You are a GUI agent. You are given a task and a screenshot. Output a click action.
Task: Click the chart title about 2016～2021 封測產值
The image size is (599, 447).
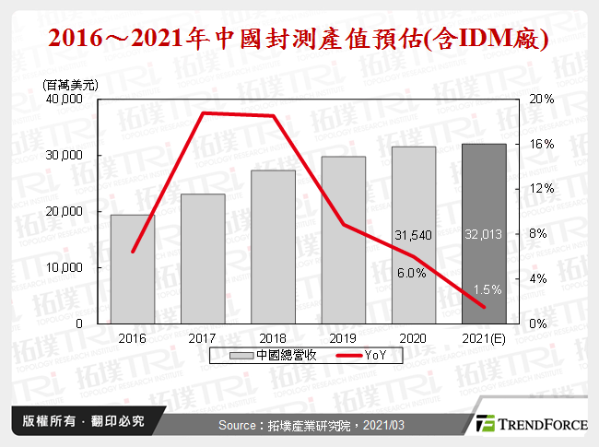(x=299, y=40)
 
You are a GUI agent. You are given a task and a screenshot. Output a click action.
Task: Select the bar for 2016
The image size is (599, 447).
(x=133, y=269)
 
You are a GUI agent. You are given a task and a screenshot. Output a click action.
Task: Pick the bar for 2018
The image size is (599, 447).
(x=273, y=247)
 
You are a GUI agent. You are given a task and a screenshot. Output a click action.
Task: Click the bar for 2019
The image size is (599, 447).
(x=343, y=240)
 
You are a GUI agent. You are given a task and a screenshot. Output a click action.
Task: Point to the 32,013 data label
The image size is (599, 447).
(x=484, y=235)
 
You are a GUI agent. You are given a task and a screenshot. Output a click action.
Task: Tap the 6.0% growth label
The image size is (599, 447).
(x=411, y=272)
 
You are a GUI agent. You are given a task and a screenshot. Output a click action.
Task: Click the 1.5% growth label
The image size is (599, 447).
(x=490, y=288)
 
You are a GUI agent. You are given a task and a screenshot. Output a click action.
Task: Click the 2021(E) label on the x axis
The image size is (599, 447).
(x=483, y=338)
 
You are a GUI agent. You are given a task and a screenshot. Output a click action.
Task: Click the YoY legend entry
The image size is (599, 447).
(x=354, y=356)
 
